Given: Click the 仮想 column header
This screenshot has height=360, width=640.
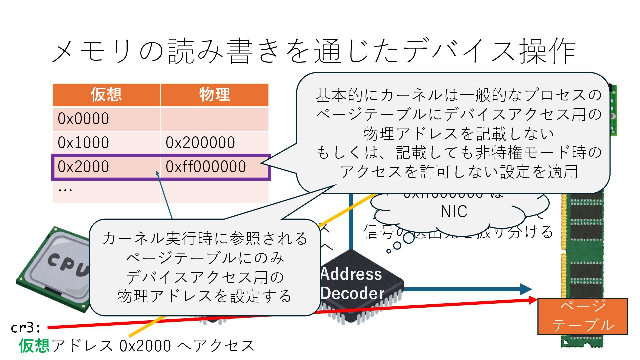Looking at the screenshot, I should point(106,95).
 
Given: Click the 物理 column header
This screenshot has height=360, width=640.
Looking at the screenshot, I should point(214,95).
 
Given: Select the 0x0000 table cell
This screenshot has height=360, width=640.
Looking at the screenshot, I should point(83,119).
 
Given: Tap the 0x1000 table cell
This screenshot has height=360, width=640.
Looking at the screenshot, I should point(83,143).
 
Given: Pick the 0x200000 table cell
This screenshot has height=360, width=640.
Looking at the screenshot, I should point(200,143).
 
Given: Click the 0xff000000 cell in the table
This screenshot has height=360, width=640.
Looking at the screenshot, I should point(206,167).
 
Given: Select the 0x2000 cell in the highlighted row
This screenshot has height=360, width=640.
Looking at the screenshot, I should point(83,167).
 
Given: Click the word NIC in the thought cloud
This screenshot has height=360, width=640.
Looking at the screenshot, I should point(454,212).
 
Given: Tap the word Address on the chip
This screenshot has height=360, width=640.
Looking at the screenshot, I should point(352,274).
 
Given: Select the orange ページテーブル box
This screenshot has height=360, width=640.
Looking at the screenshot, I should point(583,316).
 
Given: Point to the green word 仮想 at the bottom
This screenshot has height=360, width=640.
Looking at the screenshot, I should point(34,346).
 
